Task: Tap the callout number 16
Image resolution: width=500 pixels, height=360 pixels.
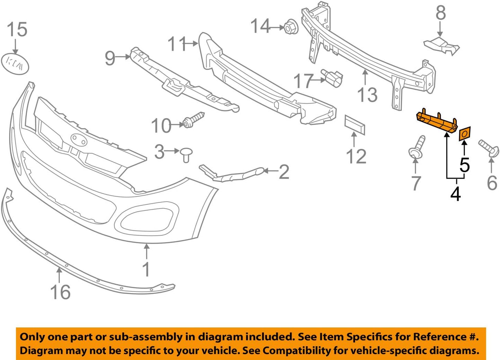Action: (x=60, y=292)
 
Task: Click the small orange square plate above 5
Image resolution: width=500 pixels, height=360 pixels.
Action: (x=465, y=134)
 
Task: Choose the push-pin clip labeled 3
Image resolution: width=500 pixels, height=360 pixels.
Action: (x=186, y=154)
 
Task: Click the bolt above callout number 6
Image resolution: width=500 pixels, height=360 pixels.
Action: (x=489, y=148)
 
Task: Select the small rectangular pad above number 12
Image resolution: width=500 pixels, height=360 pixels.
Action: (x=354, y=125)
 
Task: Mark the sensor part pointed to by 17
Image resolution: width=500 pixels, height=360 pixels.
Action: (x=332, y=78)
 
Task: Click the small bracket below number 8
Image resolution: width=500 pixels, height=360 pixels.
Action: (x=441, y=46)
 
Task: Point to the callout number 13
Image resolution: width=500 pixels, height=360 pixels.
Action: (x=367, y=95)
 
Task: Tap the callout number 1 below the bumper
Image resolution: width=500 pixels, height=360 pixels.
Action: (x=146, y=269)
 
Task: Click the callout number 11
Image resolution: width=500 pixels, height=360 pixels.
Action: (x=177, y=44)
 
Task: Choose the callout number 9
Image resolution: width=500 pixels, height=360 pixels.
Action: (x=110, y=58)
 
